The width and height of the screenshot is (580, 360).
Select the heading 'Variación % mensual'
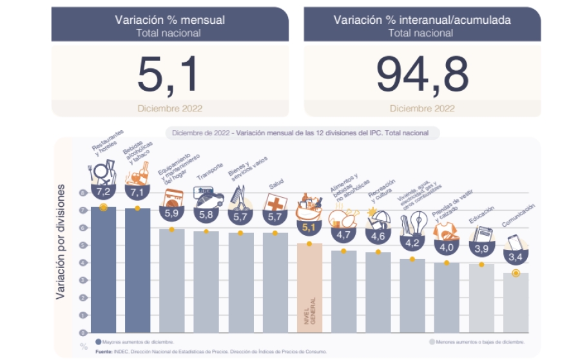[169, 20]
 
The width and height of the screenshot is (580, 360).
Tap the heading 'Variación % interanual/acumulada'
[422, 20]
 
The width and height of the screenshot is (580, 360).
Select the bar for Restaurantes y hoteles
[103, 270]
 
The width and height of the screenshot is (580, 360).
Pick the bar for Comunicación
[516, 303]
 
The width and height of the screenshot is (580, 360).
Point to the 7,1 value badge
[137, 193]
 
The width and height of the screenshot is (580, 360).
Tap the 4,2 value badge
[412, 243]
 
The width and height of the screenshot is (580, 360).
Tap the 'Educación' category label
[481, 214]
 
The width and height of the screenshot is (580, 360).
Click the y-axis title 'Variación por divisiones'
[62, 242]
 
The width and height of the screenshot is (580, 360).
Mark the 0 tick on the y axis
[83, 333]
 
